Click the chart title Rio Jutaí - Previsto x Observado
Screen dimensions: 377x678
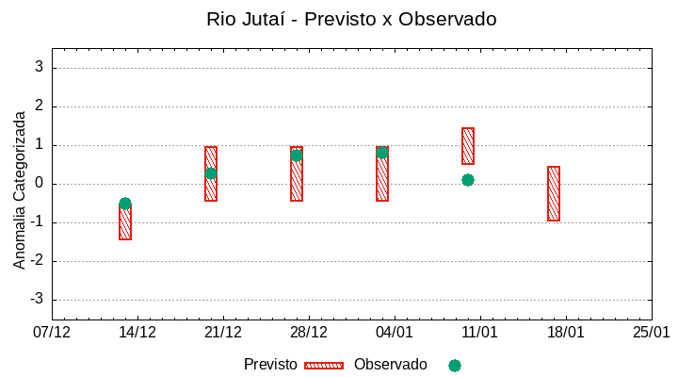coord(351,19)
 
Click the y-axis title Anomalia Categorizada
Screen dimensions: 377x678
coord(20,189)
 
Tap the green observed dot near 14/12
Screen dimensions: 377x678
coord(125,204)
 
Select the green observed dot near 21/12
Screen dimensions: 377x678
coord(211,173)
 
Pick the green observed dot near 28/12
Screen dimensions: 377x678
coord(297,156)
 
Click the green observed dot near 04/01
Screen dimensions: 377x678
coord(381,152)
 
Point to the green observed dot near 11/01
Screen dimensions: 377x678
coord(468,180)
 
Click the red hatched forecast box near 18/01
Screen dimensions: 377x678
coord(554,193)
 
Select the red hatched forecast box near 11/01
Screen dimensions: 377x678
coord(468,146)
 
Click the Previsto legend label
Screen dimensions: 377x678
coord(270,365)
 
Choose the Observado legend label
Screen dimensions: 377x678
coord(390,365)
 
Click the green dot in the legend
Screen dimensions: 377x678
coord(455,366)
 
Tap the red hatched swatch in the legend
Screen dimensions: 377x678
coord(324,366)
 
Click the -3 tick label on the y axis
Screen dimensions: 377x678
coord(37,300)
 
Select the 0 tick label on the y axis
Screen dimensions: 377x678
coord(40,184)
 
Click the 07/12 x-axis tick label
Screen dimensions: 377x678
coord(52,333)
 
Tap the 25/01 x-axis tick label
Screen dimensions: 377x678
coord(651,333)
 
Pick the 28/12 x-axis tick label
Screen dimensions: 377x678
coord(309,333)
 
